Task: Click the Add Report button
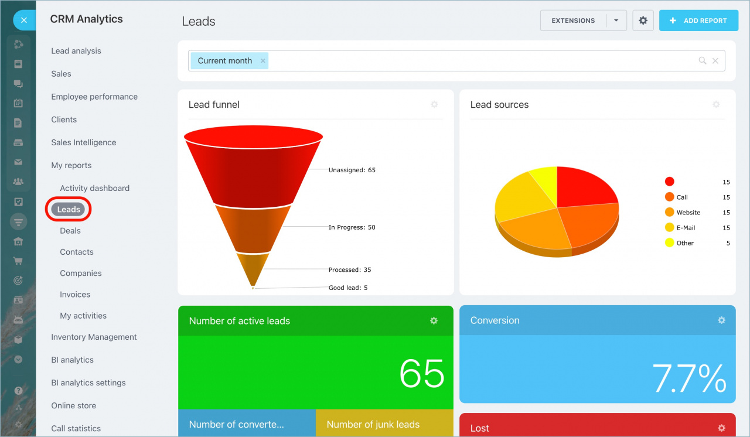[x=698, y=21]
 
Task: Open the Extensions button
[x=573, y=21]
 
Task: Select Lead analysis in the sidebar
[x=76, y=51]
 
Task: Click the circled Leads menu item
[x=69, y=209]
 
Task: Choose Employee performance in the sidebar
[x=94, y=97]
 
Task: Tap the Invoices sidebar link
[x=75, y=295]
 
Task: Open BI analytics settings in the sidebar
[x=88, y=383]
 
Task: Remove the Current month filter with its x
[x=263, y=61]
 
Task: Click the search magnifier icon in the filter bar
[x=702, y=60]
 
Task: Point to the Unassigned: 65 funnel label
[x=352, y=170]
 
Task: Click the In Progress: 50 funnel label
[x=352, y=227]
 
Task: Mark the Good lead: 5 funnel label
[x=348, y=288]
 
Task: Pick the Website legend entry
[x=688, y=213]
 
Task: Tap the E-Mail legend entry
[x=686, y=228]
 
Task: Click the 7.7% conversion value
[x=689, y=378]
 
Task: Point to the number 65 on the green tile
[x=422, y=373]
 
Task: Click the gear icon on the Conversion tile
[x=721, y=320]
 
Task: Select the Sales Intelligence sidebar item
[x=84, y=142]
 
